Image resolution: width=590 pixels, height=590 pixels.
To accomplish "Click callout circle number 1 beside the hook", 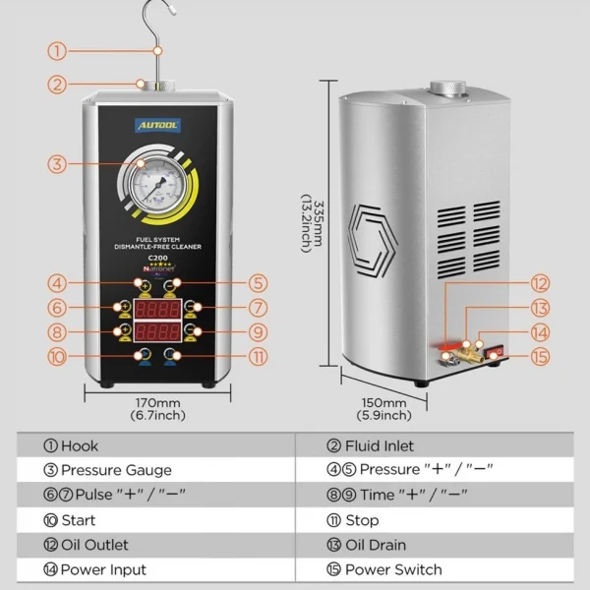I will pos(58,51).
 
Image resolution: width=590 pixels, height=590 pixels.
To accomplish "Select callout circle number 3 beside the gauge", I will pos(58,164).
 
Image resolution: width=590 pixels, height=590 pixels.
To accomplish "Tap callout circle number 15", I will pos(539,356).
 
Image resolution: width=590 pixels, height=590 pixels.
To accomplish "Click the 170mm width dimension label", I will pos(156,403).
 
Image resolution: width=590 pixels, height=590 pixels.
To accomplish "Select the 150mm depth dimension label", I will pos(383,403).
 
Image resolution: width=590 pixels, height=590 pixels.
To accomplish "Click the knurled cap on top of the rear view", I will pos(448,90).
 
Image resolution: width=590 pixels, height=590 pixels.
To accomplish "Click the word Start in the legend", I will pos(79,520).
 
